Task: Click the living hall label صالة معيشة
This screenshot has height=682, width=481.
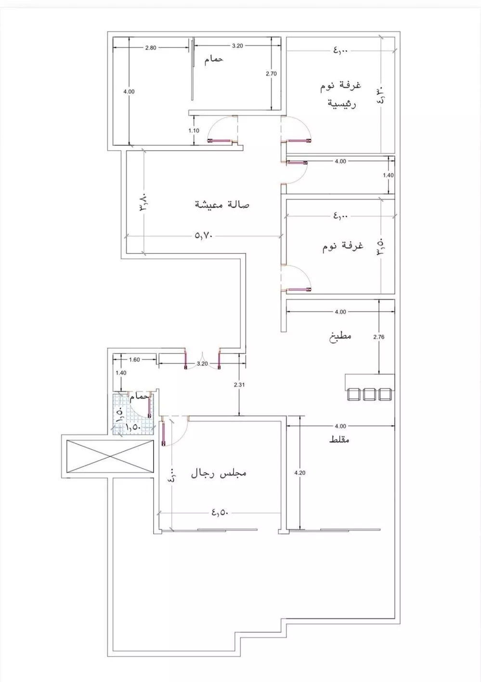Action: [222, 204]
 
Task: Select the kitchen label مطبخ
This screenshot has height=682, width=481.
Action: [341, 335]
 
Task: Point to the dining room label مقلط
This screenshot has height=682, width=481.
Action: [339, 440]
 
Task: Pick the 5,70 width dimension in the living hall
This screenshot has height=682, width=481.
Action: [204, 236]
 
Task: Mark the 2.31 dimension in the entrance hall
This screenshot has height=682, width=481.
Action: [239, 384]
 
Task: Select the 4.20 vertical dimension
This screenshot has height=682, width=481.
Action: [299, 473]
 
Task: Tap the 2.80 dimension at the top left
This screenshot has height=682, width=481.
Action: [150, 47]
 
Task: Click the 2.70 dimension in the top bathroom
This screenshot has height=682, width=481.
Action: [272, 74]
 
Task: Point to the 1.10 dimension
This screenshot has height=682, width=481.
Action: [194, 130]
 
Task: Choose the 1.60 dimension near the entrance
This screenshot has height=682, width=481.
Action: [134, 359]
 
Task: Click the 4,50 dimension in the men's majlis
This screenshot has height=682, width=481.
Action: [219, 513]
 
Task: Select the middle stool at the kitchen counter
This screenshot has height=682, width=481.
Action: [369, 394]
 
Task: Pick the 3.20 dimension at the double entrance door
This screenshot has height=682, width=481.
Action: [202, 364]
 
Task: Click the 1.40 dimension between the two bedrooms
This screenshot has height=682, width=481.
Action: [388, 176]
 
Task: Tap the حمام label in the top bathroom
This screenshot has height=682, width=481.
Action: [213, 60]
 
